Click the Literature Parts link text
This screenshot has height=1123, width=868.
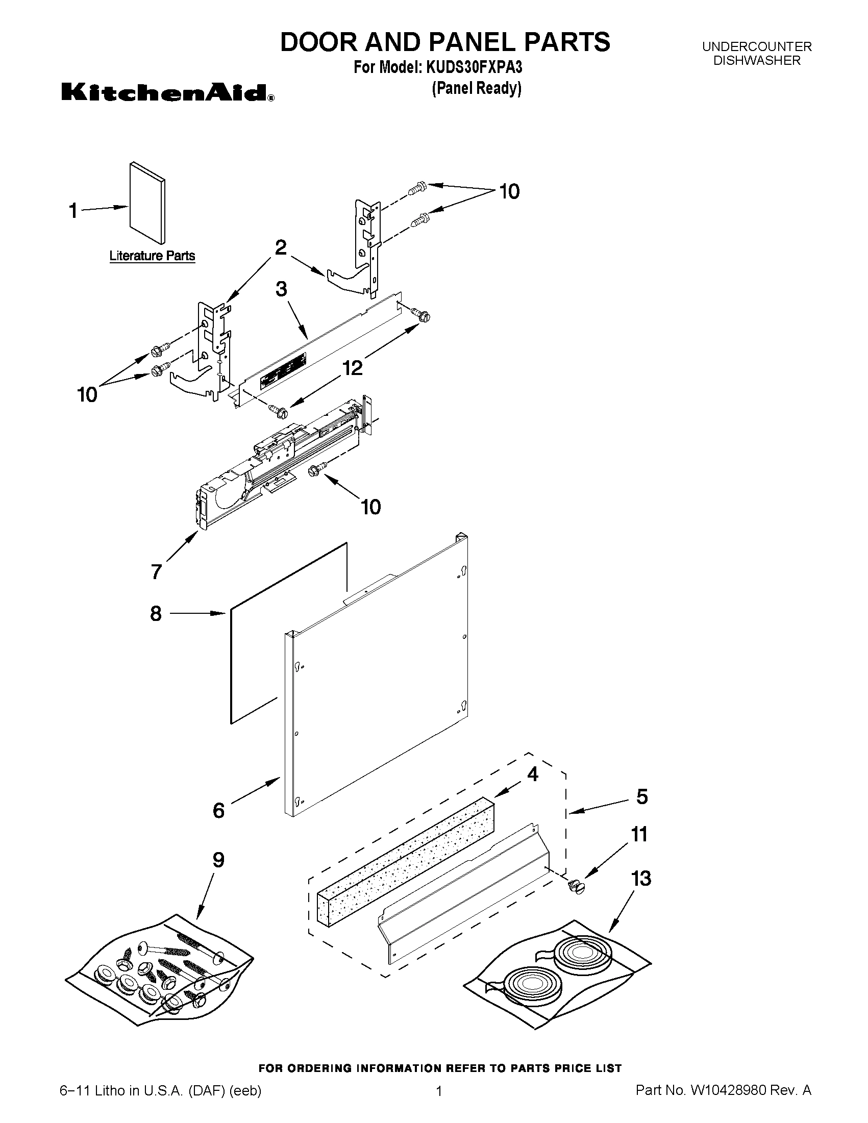click(x=152, y=256)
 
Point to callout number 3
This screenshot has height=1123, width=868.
click(x=281, y=289)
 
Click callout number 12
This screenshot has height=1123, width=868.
click(x=353, y=368)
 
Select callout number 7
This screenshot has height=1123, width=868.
click(x=156, y=572)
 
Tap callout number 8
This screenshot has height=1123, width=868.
click(x=156, y=613)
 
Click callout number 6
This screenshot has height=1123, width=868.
click(x=218, y=811)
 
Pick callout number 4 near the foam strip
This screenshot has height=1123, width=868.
click(x=532, y=774)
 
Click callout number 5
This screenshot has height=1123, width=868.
click(x=642, y=796)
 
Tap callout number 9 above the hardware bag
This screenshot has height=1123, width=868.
click(x=218, y=860)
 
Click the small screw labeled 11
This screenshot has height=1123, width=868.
click(x=578, y=886)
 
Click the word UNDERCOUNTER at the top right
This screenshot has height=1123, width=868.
click(x=757, y=47)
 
